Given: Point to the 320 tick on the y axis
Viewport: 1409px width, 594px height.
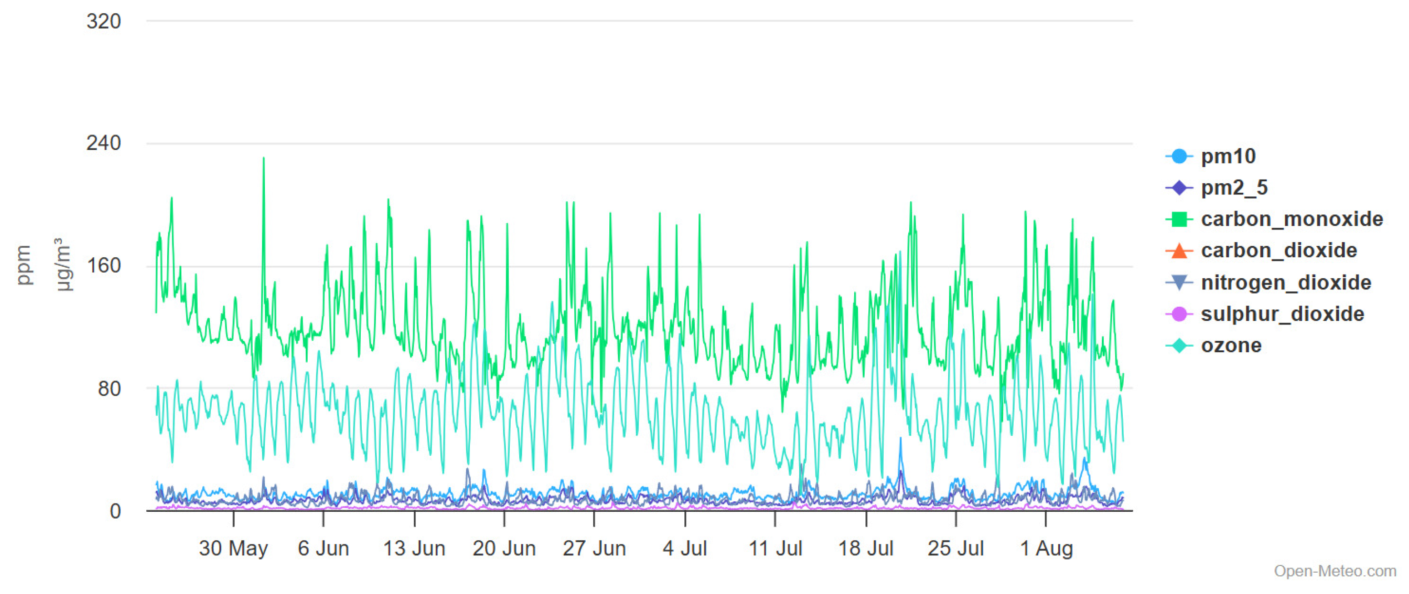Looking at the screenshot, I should tap(104, 21).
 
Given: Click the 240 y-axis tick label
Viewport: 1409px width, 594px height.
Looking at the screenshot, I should tap(104, 143).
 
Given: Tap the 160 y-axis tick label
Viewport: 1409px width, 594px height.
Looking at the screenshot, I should tap(104, 266).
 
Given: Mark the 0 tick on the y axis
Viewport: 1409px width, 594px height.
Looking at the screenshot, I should tap(115, 511).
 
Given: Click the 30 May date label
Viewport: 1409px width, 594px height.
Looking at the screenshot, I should tap(234, 548).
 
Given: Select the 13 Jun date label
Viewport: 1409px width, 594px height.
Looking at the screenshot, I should tap(414, 548).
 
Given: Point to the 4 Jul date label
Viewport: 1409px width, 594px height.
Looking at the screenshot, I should tap(685, 548).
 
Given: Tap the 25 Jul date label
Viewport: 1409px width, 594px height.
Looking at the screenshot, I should tap(956, 548).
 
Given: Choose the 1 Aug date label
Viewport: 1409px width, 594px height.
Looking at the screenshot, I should tap(1046, 548).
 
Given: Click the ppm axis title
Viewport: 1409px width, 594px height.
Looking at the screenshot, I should tap(24, 265).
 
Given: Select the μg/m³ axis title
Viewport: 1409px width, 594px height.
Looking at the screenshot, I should tap(62, 265).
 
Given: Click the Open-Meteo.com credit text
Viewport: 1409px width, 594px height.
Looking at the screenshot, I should tap(1334, 571).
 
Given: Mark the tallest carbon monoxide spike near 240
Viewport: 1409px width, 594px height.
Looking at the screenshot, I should tap(264, 159).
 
